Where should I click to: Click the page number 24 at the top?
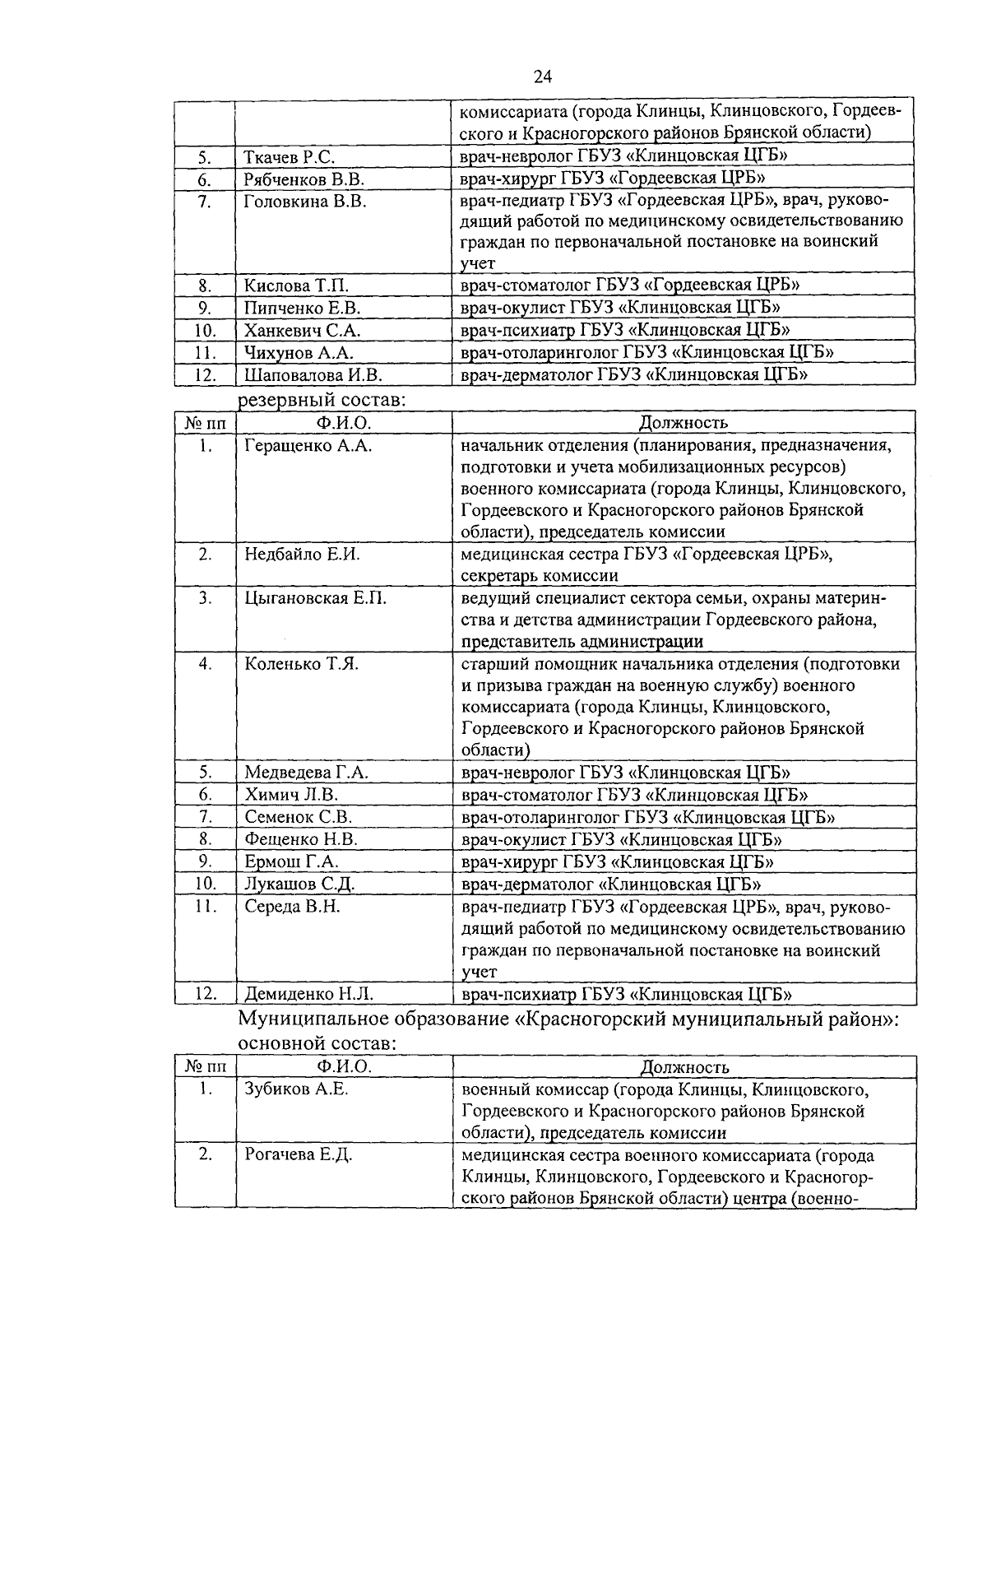tap(542, 77)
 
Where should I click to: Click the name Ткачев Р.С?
tap(289, 156)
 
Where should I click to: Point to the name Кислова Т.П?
tap(297, 286)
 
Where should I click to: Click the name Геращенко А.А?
tap(308, 446)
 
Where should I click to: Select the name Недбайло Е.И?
tap(302, 555)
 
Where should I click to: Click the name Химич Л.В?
tap(291, 795)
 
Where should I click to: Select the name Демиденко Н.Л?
tap(309, 994)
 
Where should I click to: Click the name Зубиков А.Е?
tap(296, 1089)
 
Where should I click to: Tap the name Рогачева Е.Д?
tap(299, 1154)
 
